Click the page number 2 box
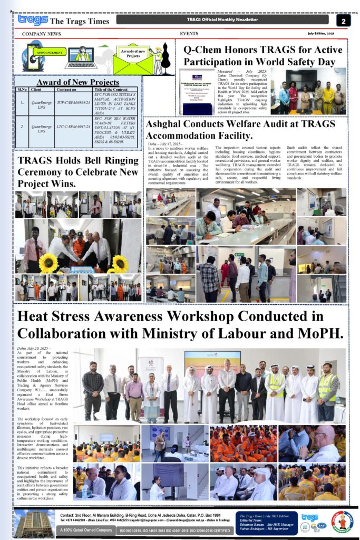343,21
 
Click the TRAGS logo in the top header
33,20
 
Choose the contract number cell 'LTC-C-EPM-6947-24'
73,128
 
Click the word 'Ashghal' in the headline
168,124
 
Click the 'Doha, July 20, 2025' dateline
33,349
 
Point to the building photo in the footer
35,522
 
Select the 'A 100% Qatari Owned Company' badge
85,529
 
